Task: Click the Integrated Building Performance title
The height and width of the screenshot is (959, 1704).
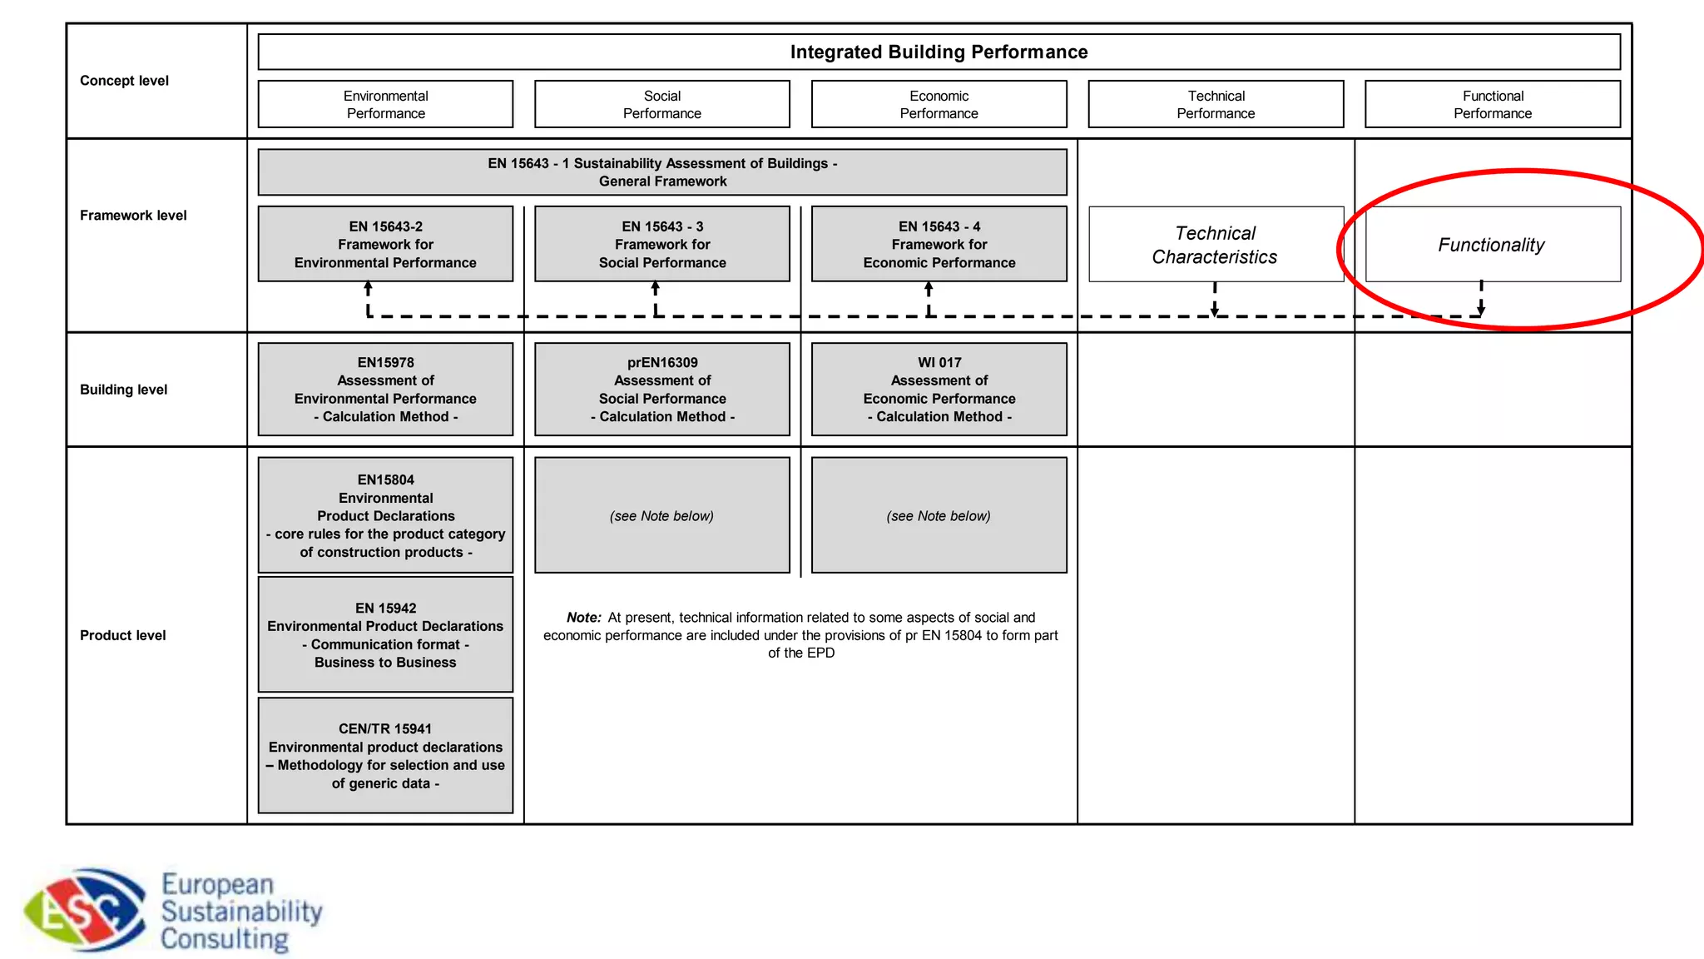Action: point(939,52)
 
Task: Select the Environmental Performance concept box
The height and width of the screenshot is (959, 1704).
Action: point(385,104)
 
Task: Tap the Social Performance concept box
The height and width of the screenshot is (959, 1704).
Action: point(661,104)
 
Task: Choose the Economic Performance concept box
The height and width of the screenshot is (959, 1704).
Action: point(939,104)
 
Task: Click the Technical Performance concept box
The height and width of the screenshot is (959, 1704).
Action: point(1216,104)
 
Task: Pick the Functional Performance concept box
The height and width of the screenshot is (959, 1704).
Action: point(1493,104)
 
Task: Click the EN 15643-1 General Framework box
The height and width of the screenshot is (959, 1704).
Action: point(662,172)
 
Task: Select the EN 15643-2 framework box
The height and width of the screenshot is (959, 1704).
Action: point(385,244)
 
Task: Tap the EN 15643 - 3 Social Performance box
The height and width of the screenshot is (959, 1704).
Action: point(662,244)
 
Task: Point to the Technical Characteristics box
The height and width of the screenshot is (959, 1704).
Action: point(1216,244)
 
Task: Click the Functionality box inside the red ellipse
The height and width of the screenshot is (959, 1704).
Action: point(1492,244)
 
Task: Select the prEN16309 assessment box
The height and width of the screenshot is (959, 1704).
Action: point(662,389)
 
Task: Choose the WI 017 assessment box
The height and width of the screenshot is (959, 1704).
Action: point(939,389)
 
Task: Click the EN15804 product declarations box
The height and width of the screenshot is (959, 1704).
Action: point(385,514)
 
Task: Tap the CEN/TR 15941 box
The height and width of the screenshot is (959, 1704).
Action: point(385,755)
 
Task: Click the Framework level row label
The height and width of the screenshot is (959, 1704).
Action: point(133,215)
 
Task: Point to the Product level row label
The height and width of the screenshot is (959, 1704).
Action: point(123,635)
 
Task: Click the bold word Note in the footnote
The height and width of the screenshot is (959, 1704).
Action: point(583,618)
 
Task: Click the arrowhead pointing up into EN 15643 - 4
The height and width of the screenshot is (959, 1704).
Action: point(929,288)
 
